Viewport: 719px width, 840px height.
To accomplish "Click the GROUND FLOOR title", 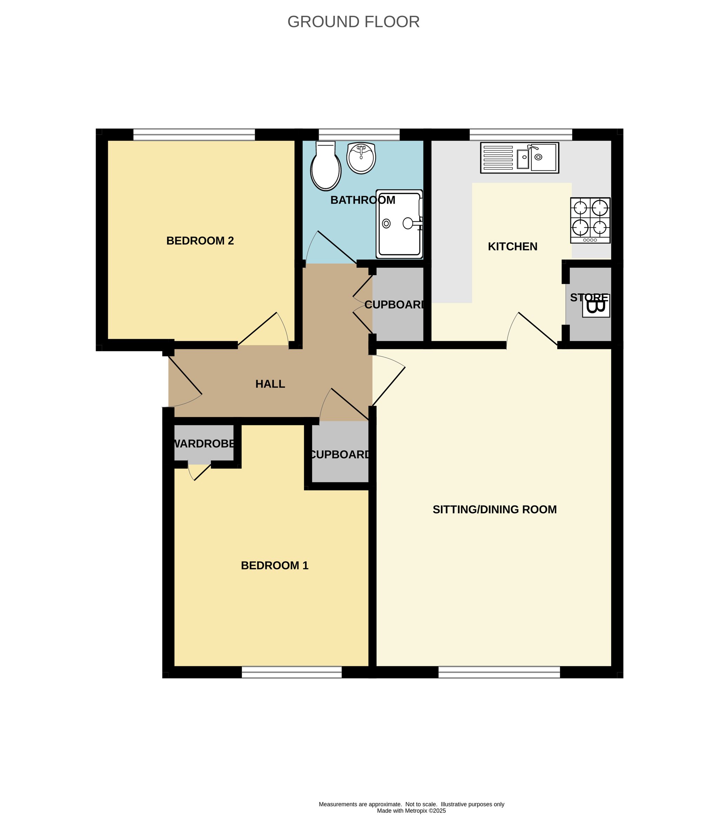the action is click(353, 22).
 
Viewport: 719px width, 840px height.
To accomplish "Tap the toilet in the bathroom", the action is click(326, 166).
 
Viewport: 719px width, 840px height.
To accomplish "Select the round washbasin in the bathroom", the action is click(361, 158).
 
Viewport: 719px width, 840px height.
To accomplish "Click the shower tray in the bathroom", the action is click(399, 224).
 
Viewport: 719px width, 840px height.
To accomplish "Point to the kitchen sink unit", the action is click(520, 158).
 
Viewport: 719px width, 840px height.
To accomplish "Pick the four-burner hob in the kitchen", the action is click(590, 221).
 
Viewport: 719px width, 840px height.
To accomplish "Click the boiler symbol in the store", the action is click(596, 306).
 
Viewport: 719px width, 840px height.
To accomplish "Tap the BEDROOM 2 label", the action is click(200, 241).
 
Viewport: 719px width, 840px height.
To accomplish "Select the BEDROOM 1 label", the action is click(275, 566).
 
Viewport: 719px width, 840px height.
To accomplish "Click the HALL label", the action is click(270, 384).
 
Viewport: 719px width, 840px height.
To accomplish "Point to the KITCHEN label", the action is click(513, 247).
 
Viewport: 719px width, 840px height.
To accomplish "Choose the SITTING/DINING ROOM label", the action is click(495, 510).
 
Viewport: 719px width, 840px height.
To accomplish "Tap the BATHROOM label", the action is click(363, 200).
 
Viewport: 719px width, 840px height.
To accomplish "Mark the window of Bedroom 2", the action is click(194, 135).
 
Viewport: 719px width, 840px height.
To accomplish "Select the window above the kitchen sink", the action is click(521, 135).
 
